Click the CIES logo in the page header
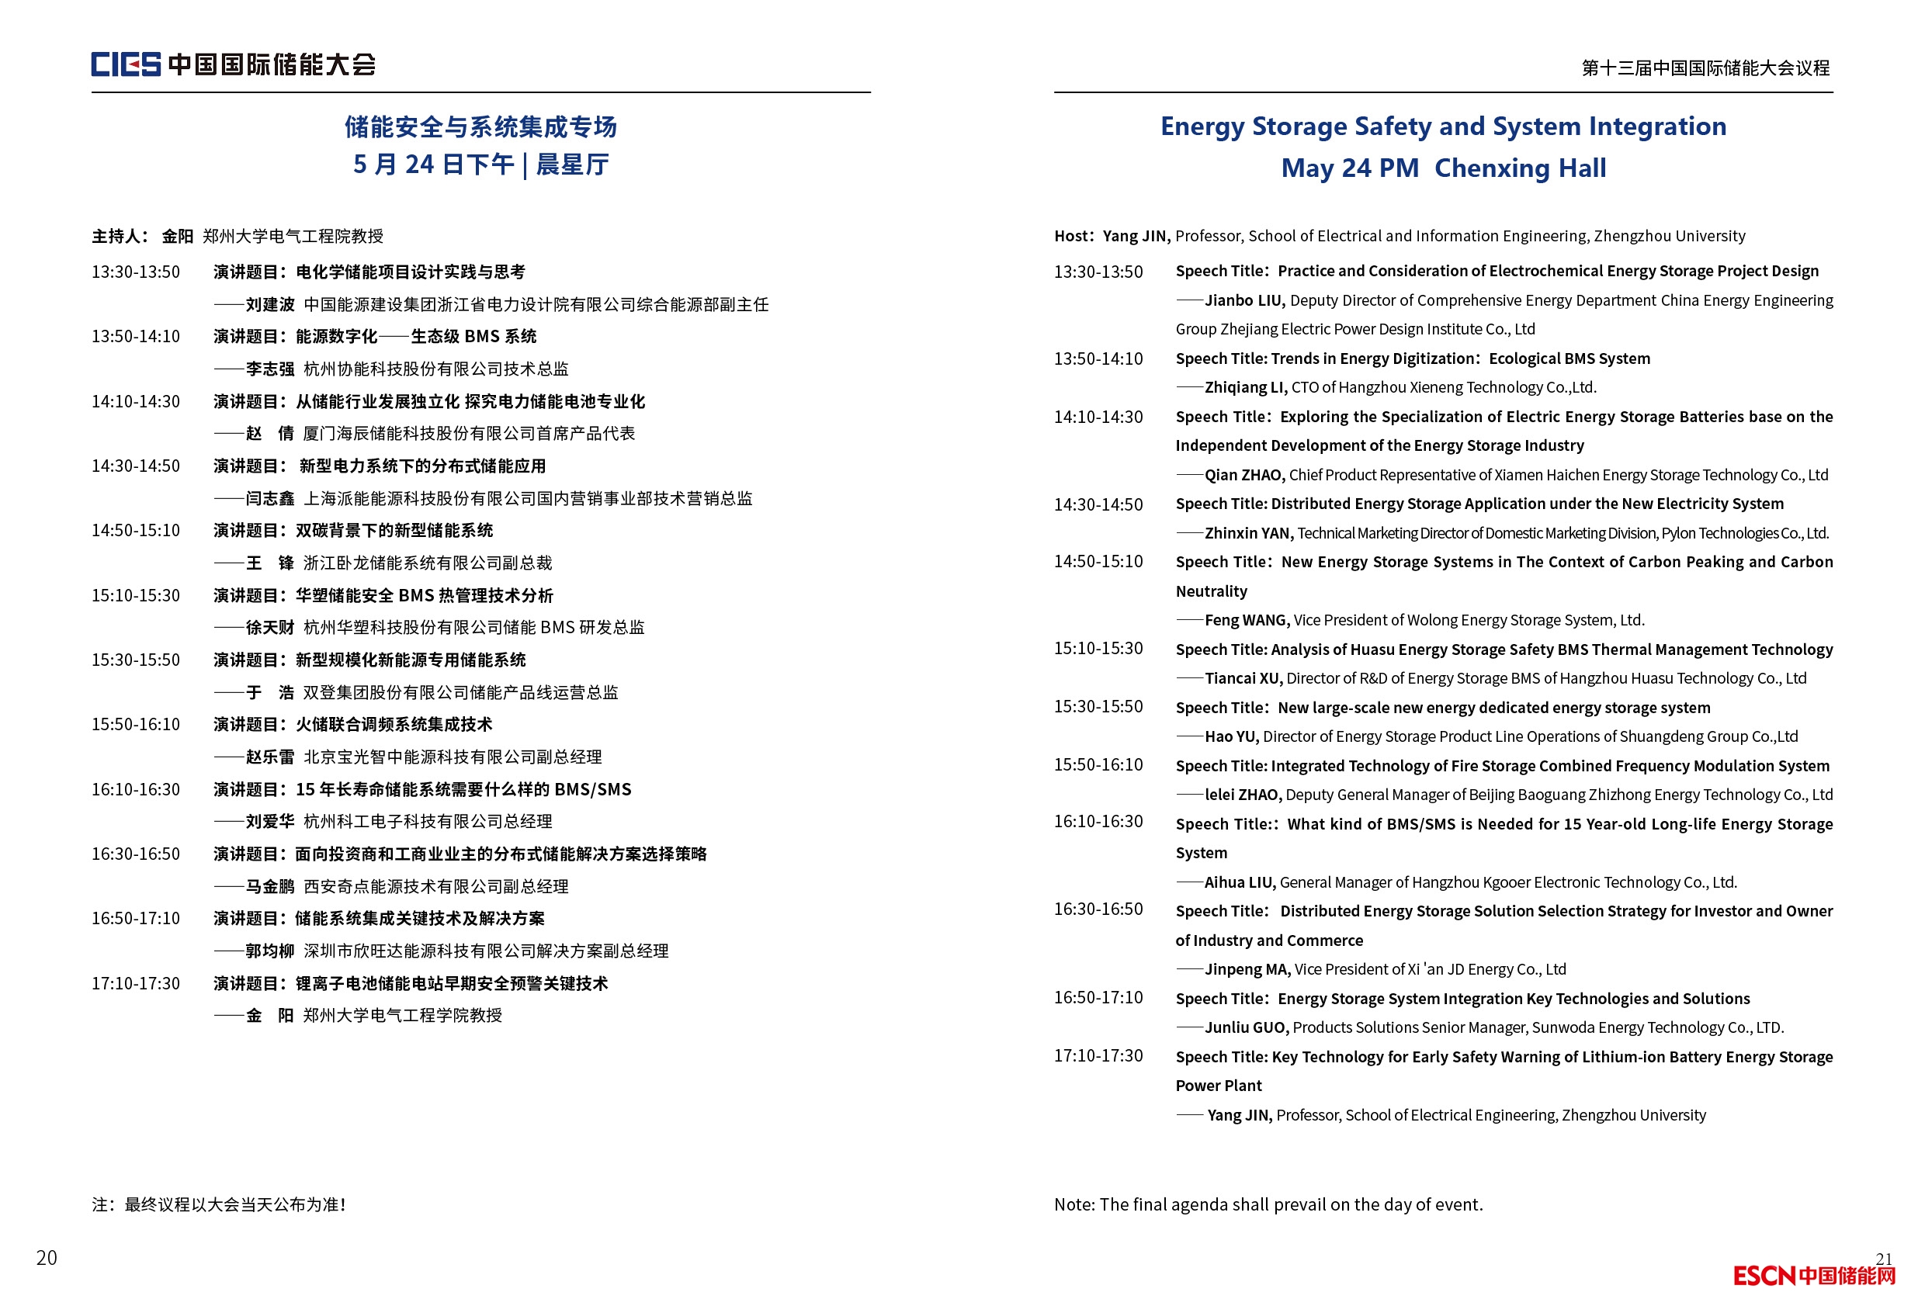[x=126, y=64]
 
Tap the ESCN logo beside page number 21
[x=1814, y=1277]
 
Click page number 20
[x=47, y=1258]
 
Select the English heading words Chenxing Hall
[x=1520, y=168]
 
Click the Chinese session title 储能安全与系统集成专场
[x=480, y=126]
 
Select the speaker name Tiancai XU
[x=1243, y=678]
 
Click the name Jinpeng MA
[x=1247, y=969]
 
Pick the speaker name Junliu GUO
[x=1246, y=1027]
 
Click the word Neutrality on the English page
[x=1211, y=591]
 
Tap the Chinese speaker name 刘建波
[x=270, y=305]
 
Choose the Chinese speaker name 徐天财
[x=270, y=628]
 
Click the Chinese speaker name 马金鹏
[x=270, y=887]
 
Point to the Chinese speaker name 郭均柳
[x=270, y=951]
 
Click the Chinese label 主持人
[x=116, y=237]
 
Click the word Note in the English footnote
[x=1073, y=1205]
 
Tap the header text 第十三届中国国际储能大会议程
[x=1705, y=68]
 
